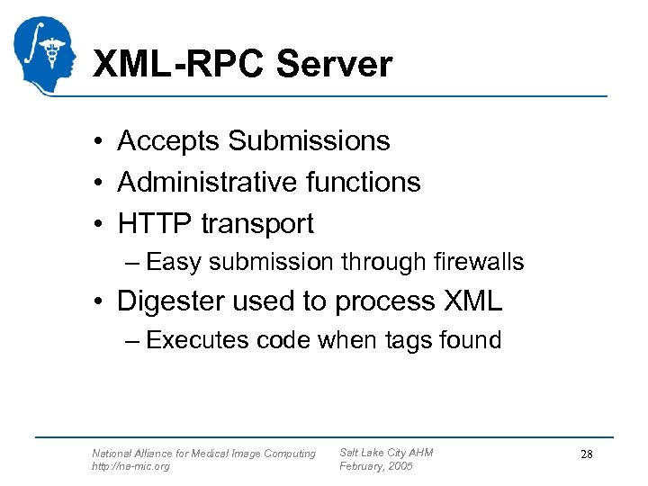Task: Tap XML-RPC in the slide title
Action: click(x=179, y=65)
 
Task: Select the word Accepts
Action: click(x=168, y=141)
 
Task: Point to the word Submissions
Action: click(x=309, y=141)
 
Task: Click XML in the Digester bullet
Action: click(x=472, y=301)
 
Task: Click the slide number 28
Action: click(x=586, y=454)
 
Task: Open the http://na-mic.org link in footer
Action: click(x=130, y=466)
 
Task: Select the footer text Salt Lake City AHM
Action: click(x=386, y=453)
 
